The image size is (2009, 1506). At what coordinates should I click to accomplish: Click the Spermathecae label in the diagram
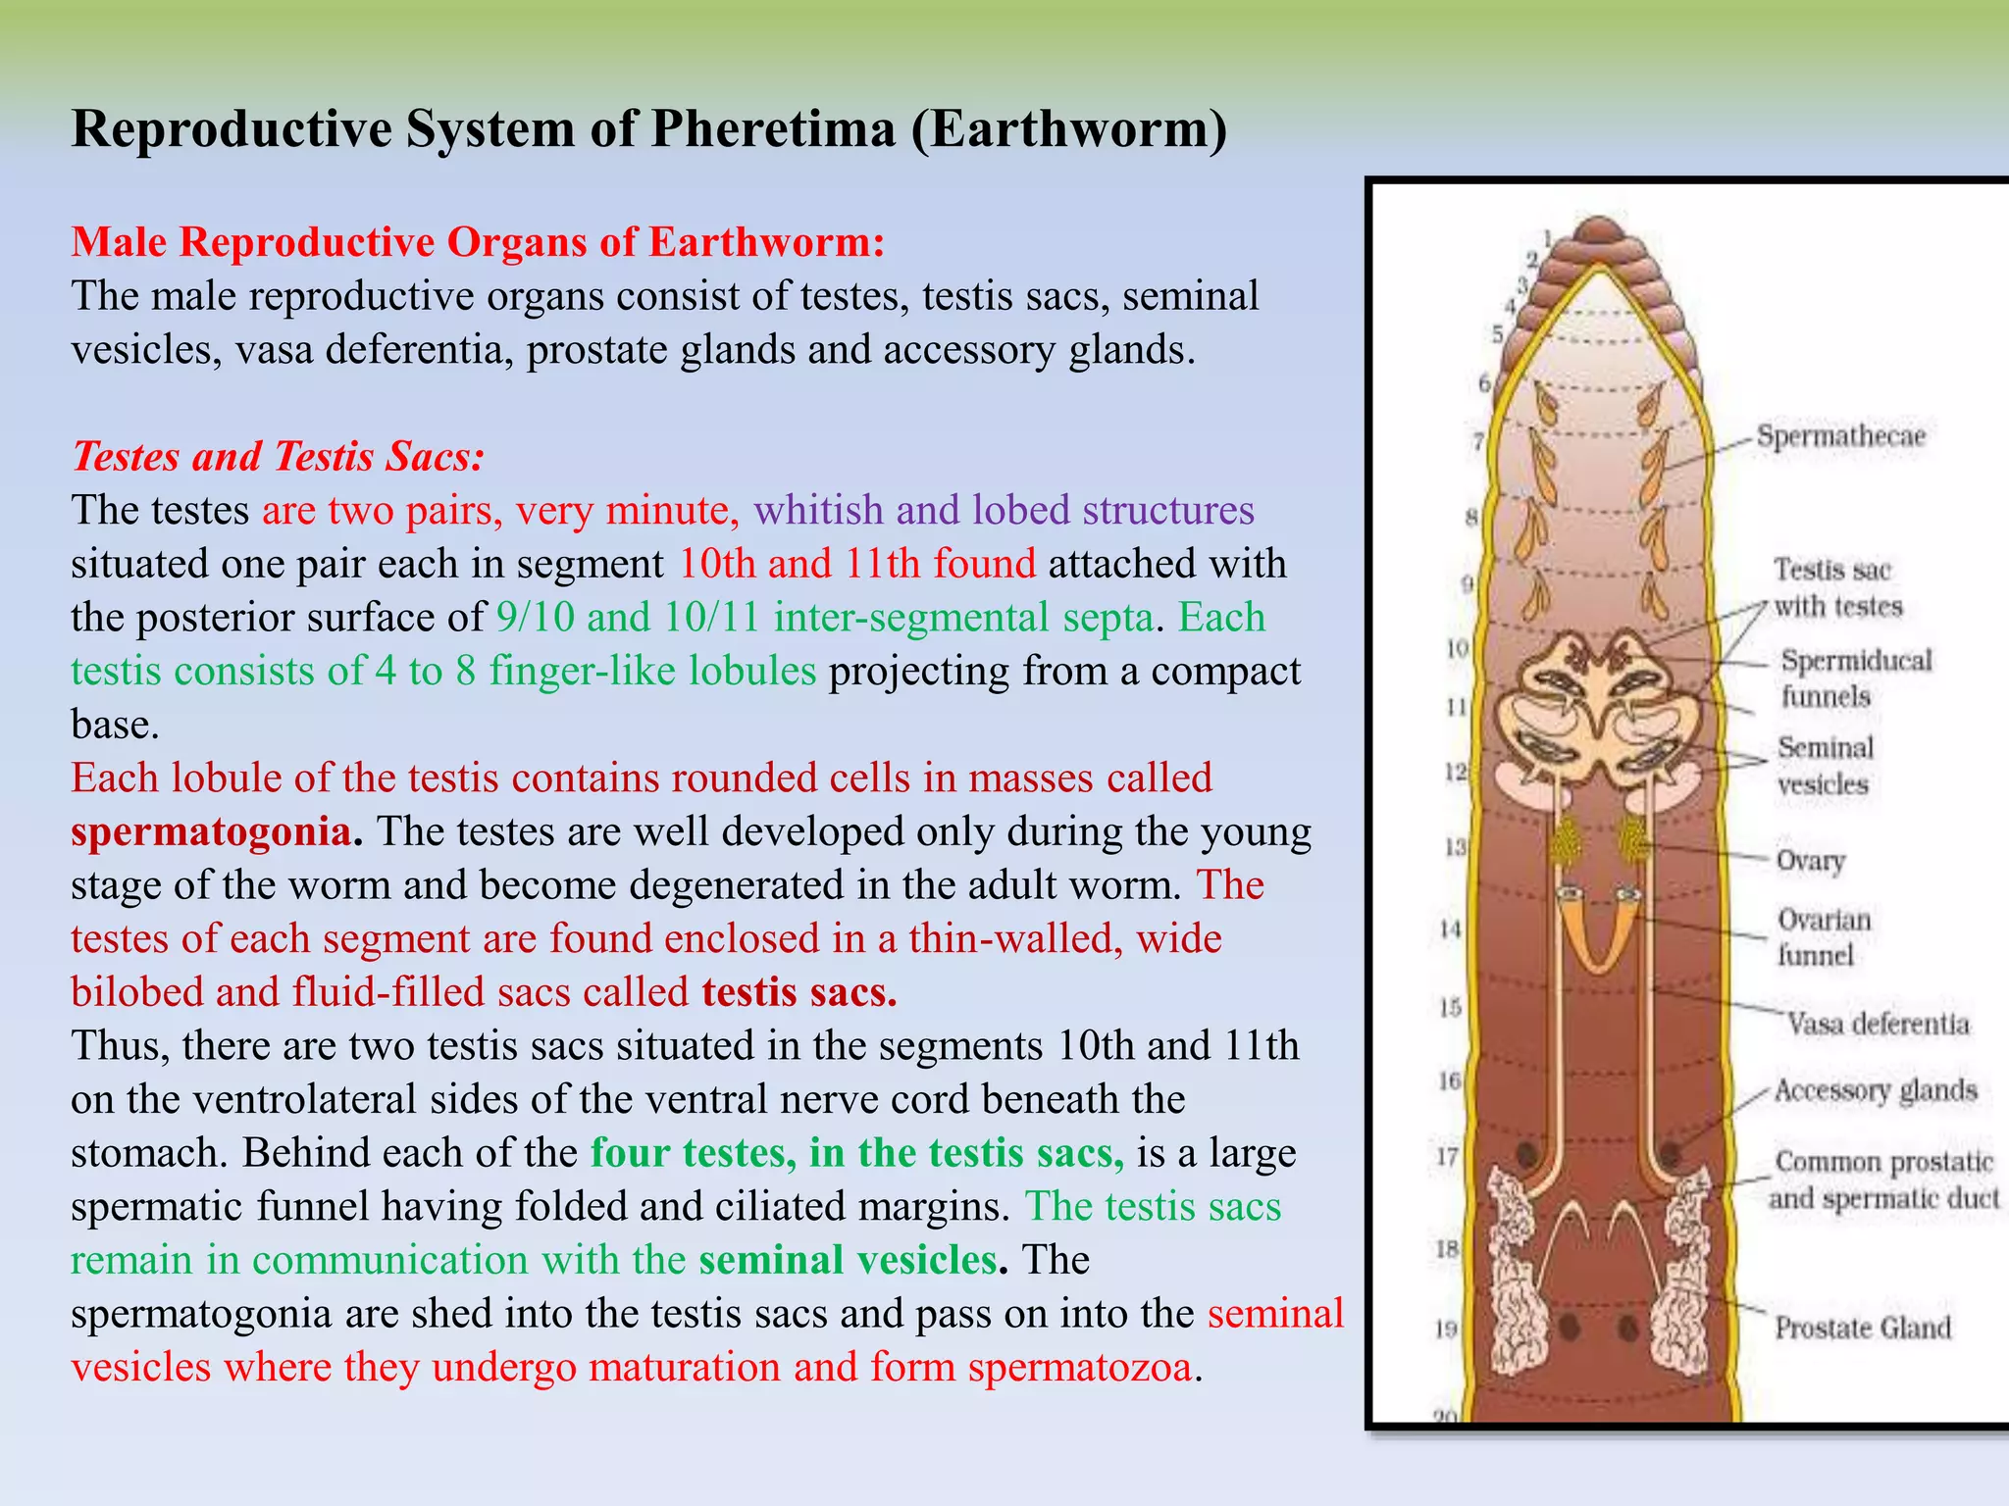[1840, 436]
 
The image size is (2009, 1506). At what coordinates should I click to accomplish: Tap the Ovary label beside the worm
[1811, 861]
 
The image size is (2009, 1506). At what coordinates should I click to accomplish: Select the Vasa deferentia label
[1878, 1025]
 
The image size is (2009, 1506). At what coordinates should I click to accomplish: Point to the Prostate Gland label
[1862, 1328]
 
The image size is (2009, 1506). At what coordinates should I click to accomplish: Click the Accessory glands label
[1875, 1090]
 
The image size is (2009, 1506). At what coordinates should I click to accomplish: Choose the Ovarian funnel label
[1824, 937]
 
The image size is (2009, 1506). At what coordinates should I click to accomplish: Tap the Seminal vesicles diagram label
[1825, 766]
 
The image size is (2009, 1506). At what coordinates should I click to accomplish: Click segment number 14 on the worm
[1451, 929]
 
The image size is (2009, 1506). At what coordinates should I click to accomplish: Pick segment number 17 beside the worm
[1448, 1157]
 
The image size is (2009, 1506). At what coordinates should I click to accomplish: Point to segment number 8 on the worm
[1471, 517]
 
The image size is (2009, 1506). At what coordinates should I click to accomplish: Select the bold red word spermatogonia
[211, 832]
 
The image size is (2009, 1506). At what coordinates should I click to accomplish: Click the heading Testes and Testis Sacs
[278, 457]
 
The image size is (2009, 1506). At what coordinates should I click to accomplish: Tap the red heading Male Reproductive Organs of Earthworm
[478, 242]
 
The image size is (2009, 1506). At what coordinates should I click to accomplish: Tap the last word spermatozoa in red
[1079, 1367]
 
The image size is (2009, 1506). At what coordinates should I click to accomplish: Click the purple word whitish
[818, 511]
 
